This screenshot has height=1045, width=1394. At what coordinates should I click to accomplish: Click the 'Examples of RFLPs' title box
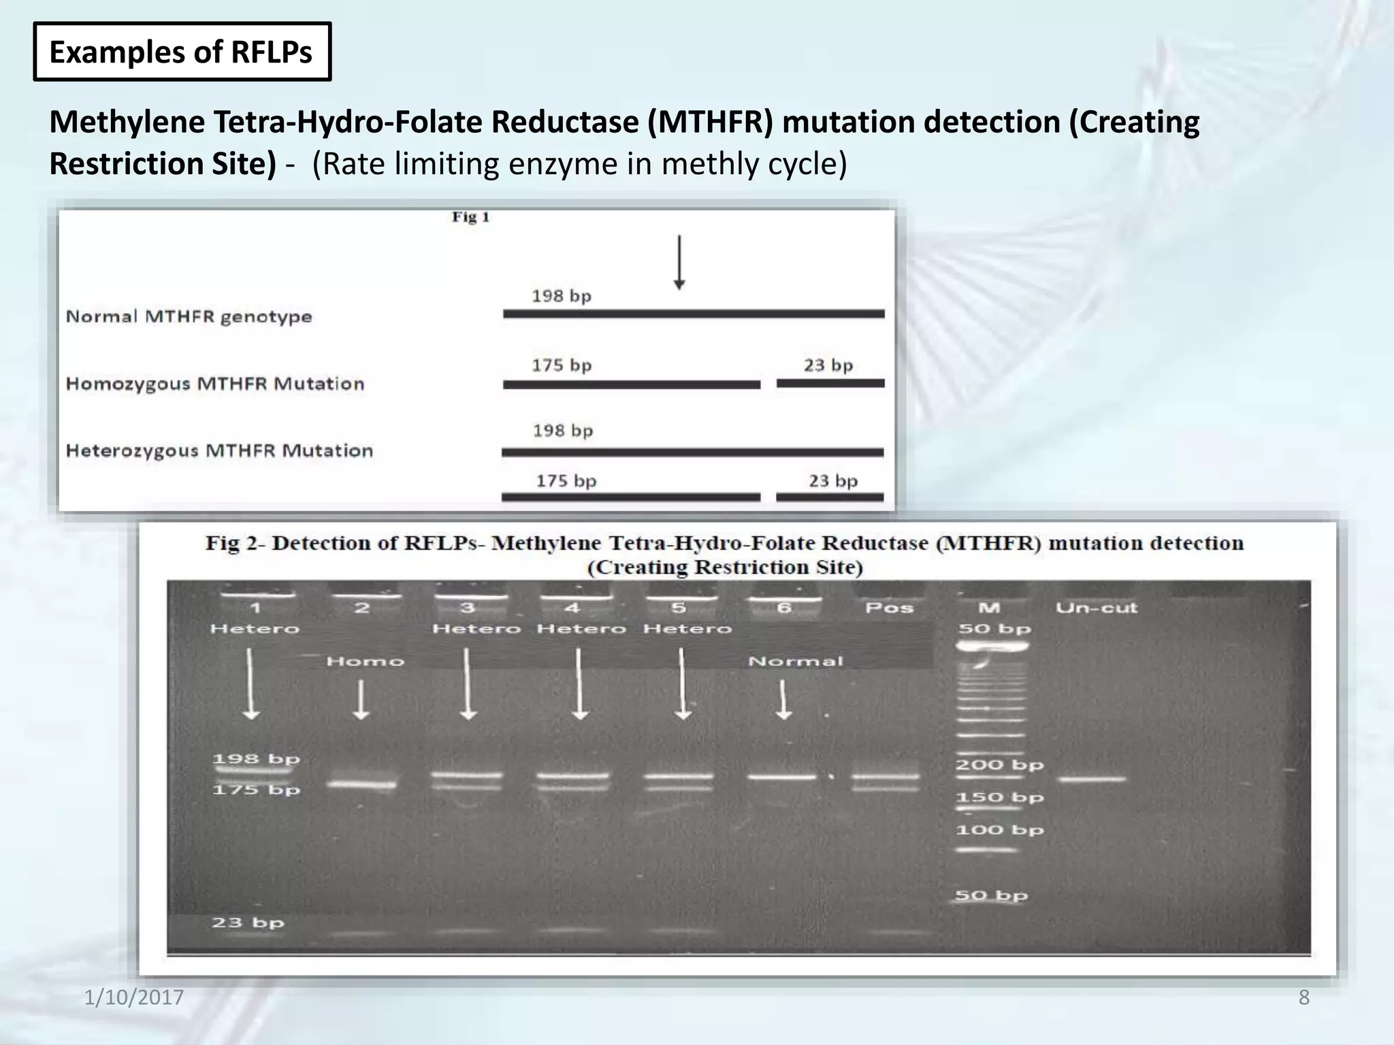click(x=182, y=52)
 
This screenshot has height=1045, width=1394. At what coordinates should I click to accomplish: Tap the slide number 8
click(x=1303, y=997)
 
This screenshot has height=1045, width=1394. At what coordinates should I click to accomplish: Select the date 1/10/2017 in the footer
click(x=134, y=997)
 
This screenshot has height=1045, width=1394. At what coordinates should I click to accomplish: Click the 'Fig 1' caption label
click(x=470, y=217)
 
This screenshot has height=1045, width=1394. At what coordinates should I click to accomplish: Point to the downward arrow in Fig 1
click(x=679, y=263)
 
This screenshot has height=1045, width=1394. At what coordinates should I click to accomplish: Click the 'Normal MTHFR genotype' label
click(x=189, y=316)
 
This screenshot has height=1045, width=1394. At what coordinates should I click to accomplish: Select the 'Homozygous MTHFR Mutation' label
click(x=215, y=384)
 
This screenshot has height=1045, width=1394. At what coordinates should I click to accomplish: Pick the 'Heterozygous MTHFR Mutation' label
click(x=219, y=450)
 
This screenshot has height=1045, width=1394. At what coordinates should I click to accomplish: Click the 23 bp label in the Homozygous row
click(x=828, y=365)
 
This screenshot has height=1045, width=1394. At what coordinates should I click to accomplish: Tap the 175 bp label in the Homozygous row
click(x=562, y=365)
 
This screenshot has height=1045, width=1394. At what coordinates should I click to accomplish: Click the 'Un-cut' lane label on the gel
click(x=1096, y=608)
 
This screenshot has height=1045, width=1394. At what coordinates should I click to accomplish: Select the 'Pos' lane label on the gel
click(x=889, y=608)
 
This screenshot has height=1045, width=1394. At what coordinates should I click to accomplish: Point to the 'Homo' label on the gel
click(x=366, y=661)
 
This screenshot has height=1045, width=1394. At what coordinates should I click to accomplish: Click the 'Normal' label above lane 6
click(x=795, y=661)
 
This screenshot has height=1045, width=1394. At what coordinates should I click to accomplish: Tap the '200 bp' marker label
click(x=999, y=765)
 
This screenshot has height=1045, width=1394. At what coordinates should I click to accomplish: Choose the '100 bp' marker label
click(x=999, y=830)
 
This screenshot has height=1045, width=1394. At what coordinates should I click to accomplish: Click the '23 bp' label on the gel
click(x=248, y=923)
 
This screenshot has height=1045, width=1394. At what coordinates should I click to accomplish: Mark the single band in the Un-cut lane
click(x=1092, y=779)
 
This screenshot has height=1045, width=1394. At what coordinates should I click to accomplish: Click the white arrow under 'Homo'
click(x=361, y=700)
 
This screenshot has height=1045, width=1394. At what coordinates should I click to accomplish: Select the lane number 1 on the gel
click(x=255, y=608)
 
